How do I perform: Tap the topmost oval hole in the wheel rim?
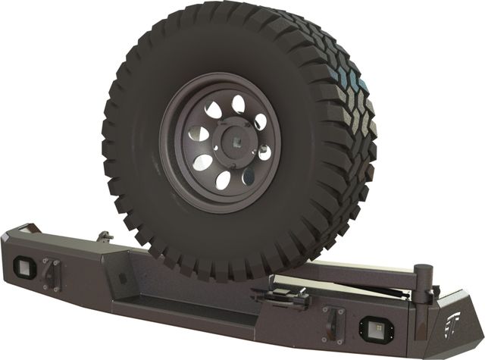point(236,102)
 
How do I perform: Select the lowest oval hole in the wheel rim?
point(224,180)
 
